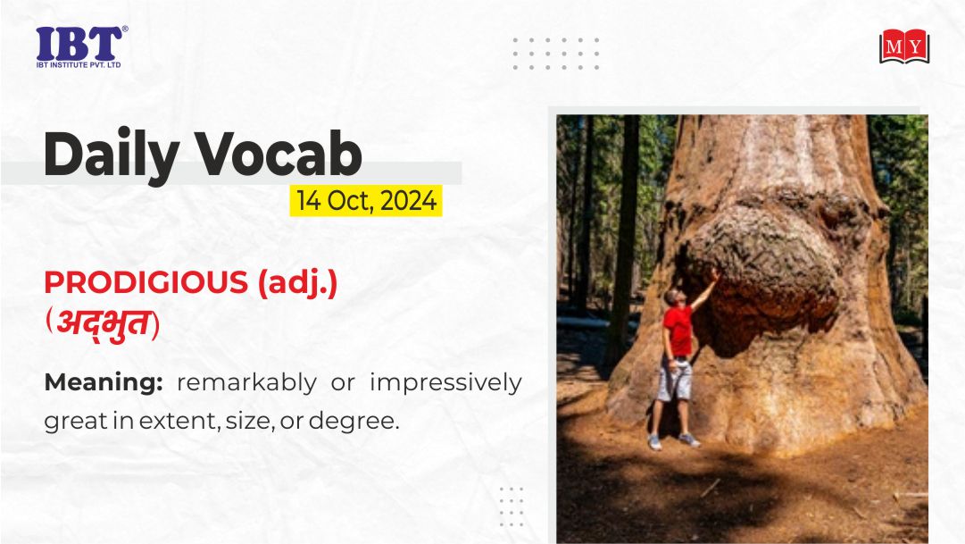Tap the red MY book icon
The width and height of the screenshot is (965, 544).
pyautogui.click(x=903, y=46)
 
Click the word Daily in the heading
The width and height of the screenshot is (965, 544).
pyautogui.click(x=112, y=154)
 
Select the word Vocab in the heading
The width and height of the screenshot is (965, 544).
pyautogui.click(x=279, y=154)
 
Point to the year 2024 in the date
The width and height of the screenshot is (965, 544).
pyautogui.click(x=409, y=201)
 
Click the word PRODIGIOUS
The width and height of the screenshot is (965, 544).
pyautogui.click(x=146, y=283)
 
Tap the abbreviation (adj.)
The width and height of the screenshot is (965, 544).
pyautogui.click(x=298, y=284)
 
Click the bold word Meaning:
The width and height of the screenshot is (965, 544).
pyautogui.click(x=104, y=383)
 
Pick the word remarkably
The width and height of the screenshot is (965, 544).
pyautogui.click(x=246, y=382)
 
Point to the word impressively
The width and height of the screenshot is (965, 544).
pyautogui.click(x=445, y=382)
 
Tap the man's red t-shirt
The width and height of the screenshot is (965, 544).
pyautogui.click(x=678, y=331)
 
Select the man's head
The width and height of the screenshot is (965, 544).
pyautogui.click(x=672, y=297)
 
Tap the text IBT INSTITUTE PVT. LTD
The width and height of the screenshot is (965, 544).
pyautogui.click(x=79, y=64)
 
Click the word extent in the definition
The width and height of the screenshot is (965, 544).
pyautogui.click(x=179, y=421)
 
